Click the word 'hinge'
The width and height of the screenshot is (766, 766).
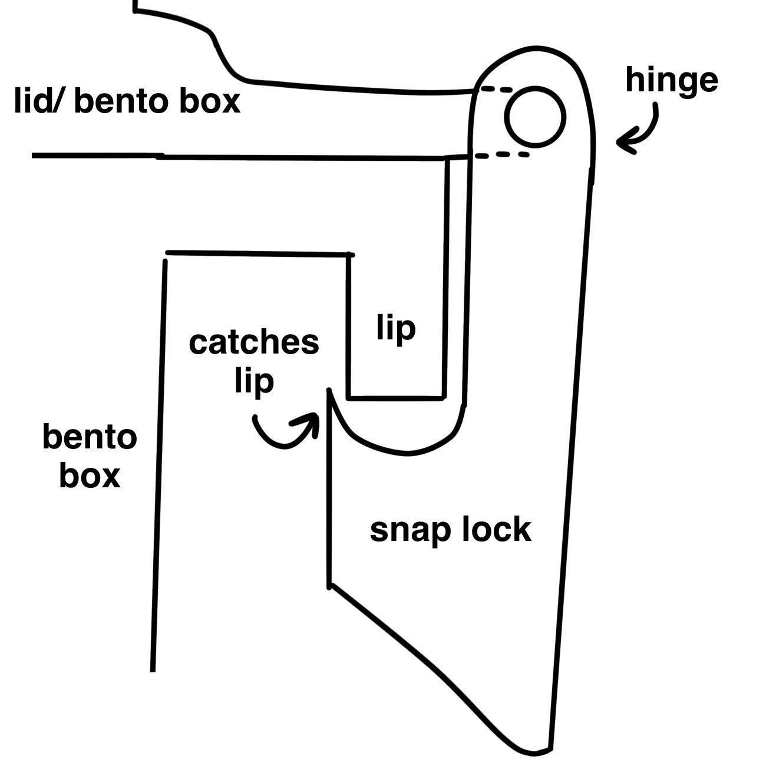pyautogui.click(x=671, y=81)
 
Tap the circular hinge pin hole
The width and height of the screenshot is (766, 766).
pyautogui.click(x=535, y=116)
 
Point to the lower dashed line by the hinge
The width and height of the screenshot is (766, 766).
pyautogui.click(x=501, y=155)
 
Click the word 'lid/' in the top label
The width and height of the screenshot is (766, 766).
pyautogui.click(x=40, y=101)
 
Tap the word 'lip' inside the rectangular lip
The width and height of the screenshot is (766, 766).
pyautogui.click(x=396, y=328)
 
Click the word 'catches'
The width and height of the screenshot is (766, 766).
pyautogui.click(x=253, y=342)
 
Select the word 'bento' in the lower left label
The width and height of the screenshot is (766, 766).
pyautogui.click(x=90, y=437)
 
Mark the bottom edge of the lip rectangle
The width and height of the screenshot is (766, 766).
pyautogui.click(x=395, y=398)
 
